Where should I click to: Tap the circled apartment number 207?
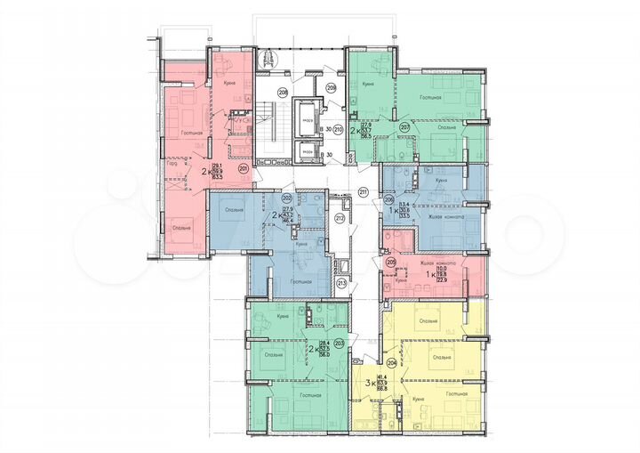[x=404, y=127]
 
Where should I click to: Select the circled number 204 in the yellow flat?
[x=393, y=362]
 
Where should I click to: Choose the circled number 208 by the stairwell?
[x=282, y=92]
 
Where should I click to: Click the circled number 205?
[x=391, y=261]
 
